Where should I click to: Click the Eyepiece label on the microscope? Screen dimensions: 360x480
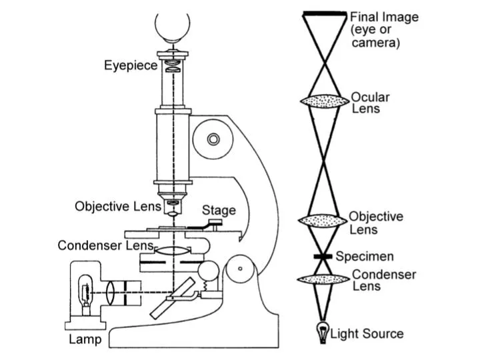pos(131,65)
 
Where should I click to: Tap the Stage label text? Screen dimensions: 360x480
pos(219,211)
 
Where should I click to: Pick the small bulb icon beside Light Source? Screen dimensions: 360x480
pos(323,332)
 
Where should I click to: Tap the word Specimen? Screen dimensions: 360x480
pos(365,257)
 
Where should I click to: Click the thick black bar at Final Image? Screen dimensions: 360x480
pos(325,14)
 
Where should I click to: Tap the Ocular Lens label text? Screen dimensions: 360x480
pos(371,103)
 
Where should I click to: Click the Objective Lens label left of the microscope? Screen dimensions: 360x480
pos(118,206)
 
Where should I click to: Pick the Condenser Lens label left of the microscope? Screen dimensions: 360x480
pos(106,245)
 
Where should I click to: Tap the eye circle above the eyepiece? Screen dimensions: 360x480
pos(172,25)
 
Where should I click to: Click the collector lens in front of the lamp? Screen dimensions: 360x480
pos(114,291)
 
